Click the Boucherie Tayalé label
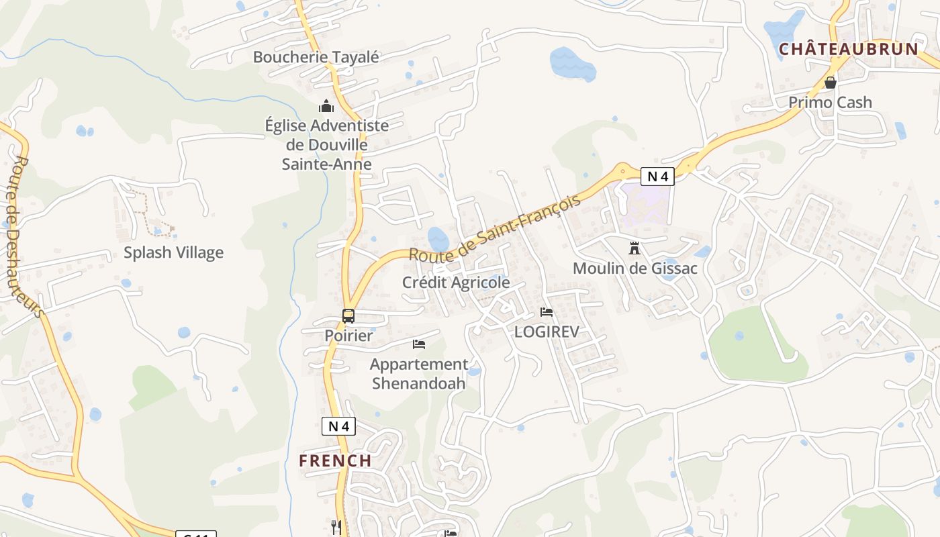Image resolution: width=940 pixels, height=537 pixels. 316,57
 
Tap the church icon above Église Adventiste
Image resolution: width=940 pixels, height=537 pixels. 326,106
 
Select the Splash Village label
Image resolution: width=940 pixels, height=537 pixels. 173,252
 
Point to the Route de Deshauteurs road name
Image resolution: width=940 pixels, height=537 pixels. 27,235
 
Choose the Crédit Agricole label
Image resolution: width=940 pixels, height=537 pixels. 456,283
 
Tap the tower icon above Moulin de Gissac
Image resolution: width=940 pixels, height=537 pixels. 634,248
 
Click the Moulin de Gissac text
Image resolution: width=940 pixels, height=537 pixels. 634,268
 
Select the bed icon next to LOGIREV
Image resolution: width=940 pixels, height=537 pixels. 547,312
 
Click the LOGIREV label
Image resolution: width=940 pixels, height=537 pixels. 547,332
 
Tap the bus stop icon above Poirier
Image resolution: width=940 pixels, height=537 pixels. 348,315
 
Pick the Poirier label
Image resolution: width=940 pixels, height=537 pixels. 348,335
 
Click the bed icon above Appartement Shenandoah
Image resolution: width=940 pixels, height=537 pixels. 419,344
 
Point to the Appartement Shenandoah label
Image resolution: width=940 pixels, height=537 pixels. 419,374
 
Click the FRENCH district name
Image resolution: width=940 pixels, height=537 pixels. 335,460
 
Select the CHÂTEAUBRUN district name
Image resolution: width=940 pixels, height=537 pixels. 849,49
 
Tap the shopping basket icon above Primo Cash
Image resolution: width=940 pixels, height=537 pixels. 831,83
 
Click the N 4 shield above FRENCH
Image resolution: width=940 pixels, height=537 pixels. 338,426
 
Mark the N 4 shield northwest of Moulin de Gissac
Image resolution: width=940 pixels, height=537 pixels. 657,177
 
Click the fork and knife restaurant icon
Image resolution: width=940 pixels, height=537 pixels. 336,527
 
